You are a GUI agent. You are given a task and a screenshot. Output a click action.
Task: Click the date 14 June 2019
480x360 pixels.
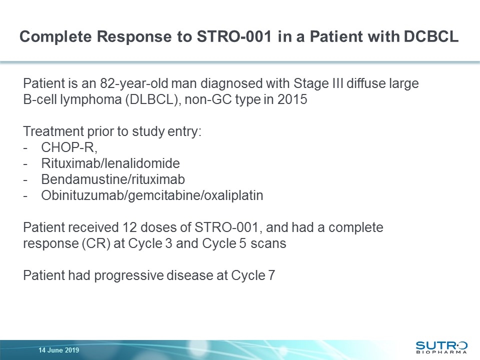(x=59, y=350)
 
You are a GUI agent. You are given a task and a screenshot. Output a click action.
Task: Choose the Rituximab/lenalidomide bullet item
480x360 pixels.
(x=110, y=163)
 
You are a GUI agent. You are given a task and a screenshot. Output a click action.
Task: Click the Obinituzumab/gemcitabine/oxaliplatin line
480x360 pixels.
(x=152, y=195)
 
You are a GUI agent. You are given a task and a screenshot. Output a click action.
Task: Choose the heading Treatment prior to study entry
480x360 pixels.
(x=112, y=131)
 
